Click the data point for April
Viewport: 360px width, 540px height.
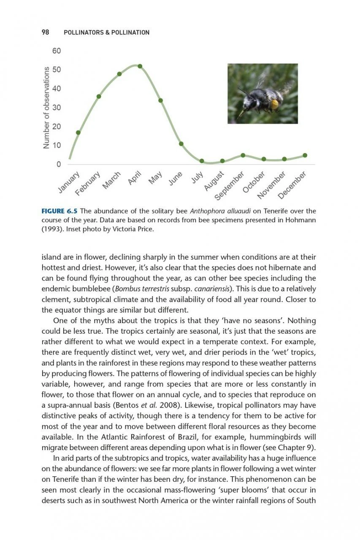coord(140,66)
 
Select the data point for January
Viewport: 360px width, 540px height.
coord(78,132)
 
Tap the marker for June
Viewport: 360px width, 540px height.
coord(181,144)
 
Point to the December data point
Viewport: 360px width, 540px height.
coord(305,155)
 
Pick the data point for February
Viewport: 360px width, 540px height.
coord(99,96)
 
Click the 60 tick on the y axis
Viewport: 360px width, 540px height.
coord(57,51)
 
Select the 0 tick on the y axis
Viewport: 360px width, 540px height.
coord(59,164)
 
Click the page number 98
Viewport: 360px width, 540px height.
coord(46,32)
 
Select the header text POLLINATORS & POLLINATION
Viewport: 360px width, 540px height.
coord(106,32)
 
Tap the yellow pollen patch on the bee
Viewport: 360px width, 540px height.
coord(275,103)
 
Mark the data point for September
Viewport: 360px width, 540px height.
coord(243,155)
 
